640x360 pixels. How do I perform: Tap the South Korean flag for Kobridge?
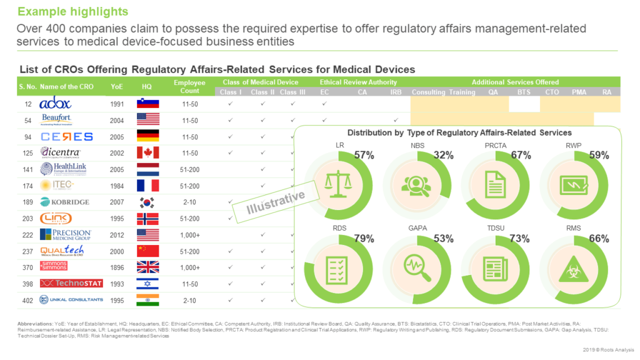tap(148, 202)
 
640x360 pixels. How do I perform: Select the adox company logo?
tap(56, 104)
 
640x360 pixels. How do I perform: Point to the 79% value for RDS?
tap(364, 238)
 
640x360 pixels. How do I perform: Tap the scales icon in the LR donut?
tap(337, 183)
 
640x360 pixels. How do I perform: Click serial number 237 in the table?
tap(27, 251)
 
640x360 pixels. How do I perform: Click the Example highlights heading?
tap(72, 12)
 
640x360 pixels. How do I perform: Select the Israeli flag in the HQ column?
tap(148, 284)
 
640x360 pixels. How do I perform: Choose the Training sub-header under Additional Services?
tap(462, 92)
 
